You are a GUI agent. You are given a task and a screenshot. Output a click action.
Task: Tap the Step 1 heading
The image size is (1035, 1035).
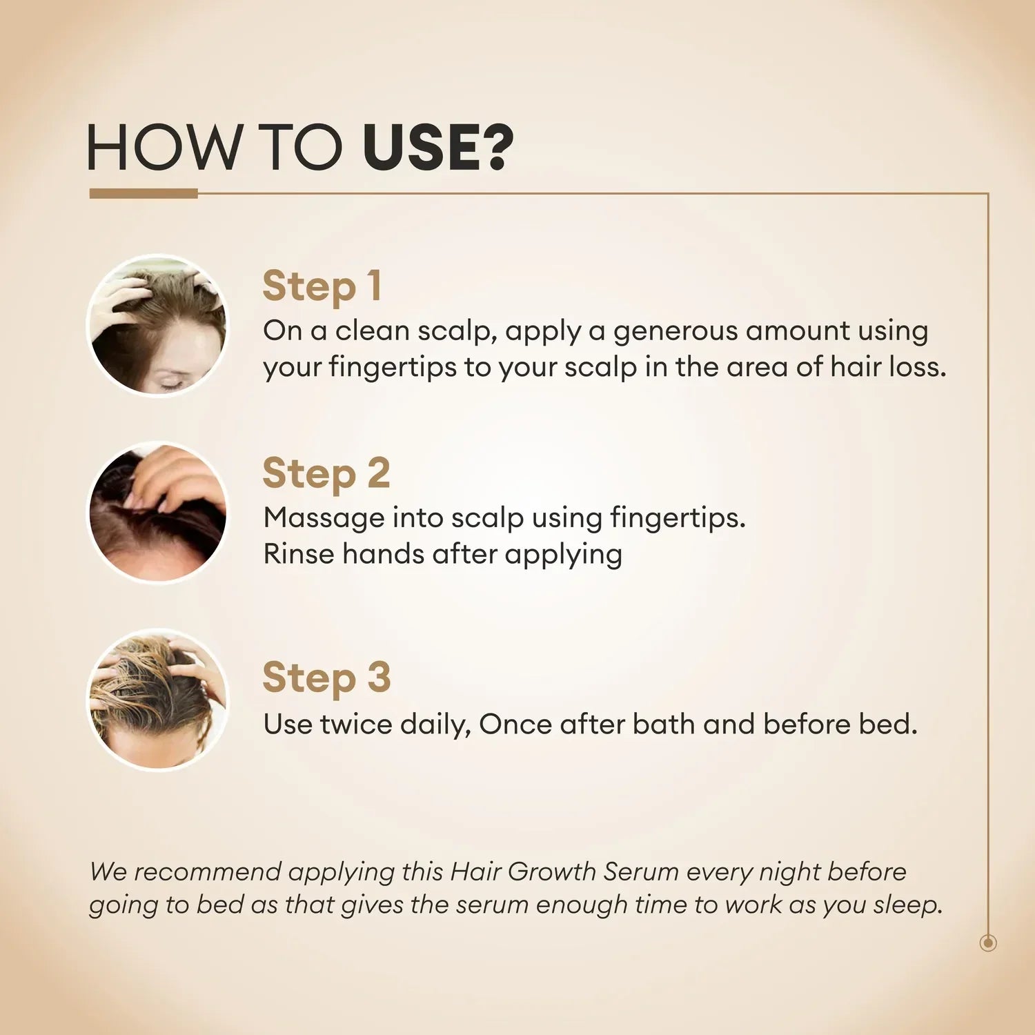[322, 286]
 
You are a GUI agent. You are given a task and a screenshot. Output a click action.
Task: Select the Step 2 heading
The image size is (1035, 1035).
[326, 473]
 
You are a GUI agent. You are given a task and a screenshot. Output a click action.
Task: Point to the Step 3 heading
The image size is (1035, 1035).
[326, 678]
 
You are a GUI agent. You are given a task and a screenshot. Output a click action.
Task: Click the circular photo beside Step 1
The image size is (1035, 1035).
[158, 326]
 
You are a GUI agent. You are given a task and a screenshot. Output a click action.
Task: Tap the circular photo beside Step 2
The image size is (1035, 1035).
[158, 513]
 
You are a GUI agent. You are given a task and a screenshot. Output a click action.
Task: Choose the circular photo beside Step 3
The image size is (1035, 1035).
[158, 700]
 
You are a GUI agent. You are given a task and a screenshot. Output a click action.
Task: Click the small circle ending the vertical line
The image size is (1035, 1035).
[988, 943]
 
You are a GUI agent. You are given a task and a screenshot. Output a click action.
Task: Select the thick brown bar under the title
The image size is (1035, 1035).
[144, 194]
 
